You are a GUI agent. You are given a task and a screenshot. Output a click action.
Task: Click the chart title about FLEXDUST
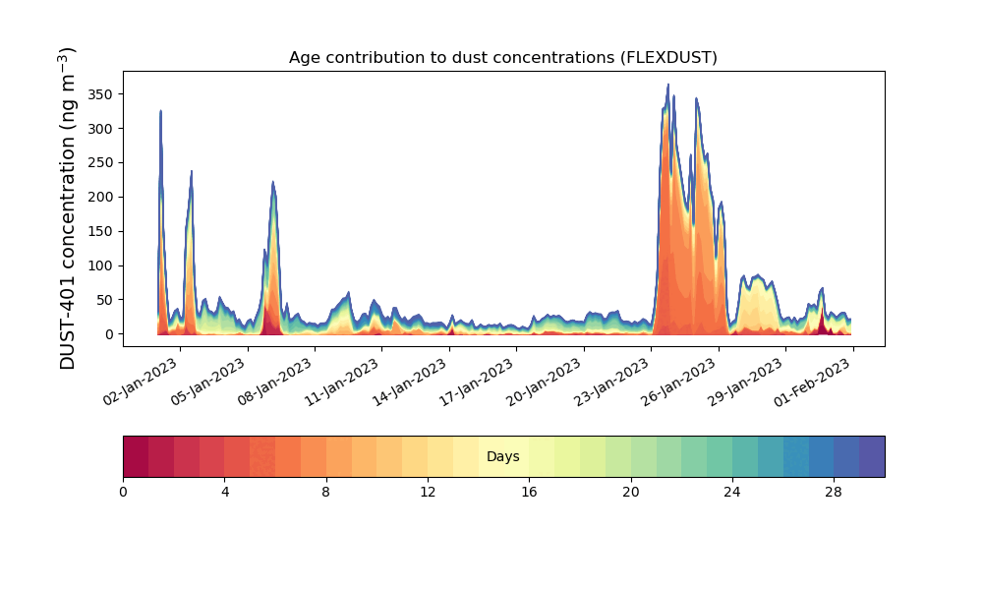pyautogui.click(x=502, y=58)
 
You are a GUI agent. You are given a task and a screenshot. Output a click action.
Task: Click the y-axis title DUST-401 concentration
pyautogui.click(x=68, y=208)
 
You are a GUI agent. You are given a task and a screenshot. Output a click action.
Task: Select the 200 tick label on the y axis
pyautogui.click(x=98, y=197)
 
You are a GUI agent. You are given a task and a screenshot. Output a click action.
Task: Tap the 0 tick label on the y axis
pyautogui.click(x=108, y=334)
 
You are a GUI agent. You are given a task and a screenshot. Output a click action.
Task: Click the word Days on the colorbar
pyautogui.click(x=503, y=457)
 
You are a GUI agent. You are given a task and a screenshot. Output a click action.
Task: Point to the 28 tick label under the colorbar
pyautogui.click(x=834, y=492)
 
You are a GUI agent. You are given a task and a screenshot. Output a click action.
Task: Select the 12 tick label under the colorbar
pyautogui.click(x=428, y=492)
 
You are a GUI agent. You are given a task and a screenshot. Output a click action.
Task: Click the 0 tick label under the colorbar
pyautogui.click(x=123, y=492)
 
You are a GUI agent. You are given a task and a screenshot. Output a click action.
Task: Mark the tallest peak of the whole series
pyautogui.click(x=668, y=86)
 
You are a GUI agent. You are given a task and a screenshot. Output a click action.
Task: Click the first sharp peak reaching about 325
pyautogui.click(x=160, y=111)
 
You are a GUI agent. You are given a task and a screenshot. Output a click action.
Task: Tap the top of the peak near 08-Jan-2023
pyautogui.click(x=273, y=183)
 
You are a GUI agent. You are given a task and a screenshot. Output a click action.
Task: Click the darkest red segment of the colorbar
pyautogui.click(x=136, y=457)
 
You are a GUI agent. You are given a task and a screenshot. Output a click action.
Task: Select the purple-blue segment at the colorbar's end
pyautogui.click(x=872, y=457)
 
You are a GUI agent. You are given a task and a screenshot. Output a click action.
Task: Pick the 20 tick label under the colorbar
pyautogui.click(x=630, y=492)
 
